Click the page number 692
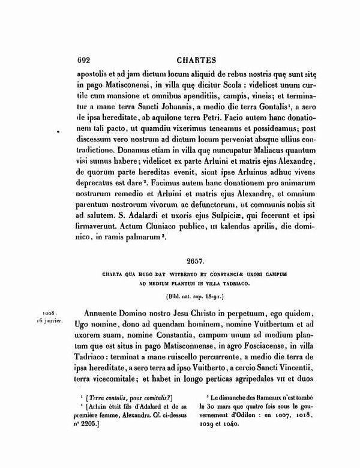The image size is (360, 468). click(x=88, y=59)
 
